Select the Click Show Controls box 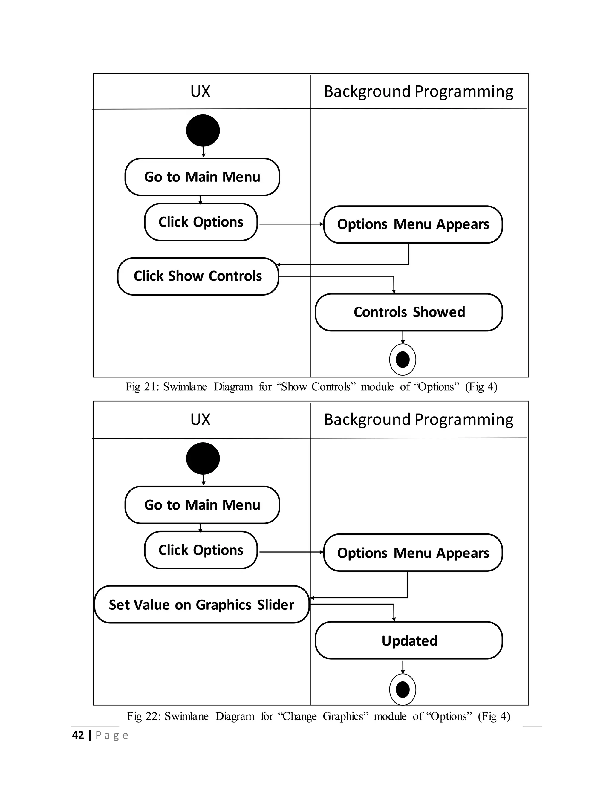coord(198,276)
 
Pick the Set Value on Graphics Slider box coord(202,605)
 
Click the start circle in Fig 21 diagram coord(203,131)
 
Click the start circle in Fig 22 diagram coord(203,458)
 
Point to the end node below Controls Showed coord(403,360)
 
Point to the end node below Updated coord(403,689)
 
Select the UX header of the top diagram coord(200,91)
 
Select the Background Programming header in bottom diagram coord(418,420)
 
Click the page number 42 coord(78,735)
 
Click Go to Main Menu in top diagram coord(202,177)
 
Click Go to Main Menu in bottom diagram coord(202,505)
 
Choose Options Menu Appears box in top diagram coord(413,224)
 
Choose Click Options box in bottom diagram coord(201,550)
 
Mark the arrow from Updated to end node coord(403,666)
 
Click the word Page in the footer coord(112,736)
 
